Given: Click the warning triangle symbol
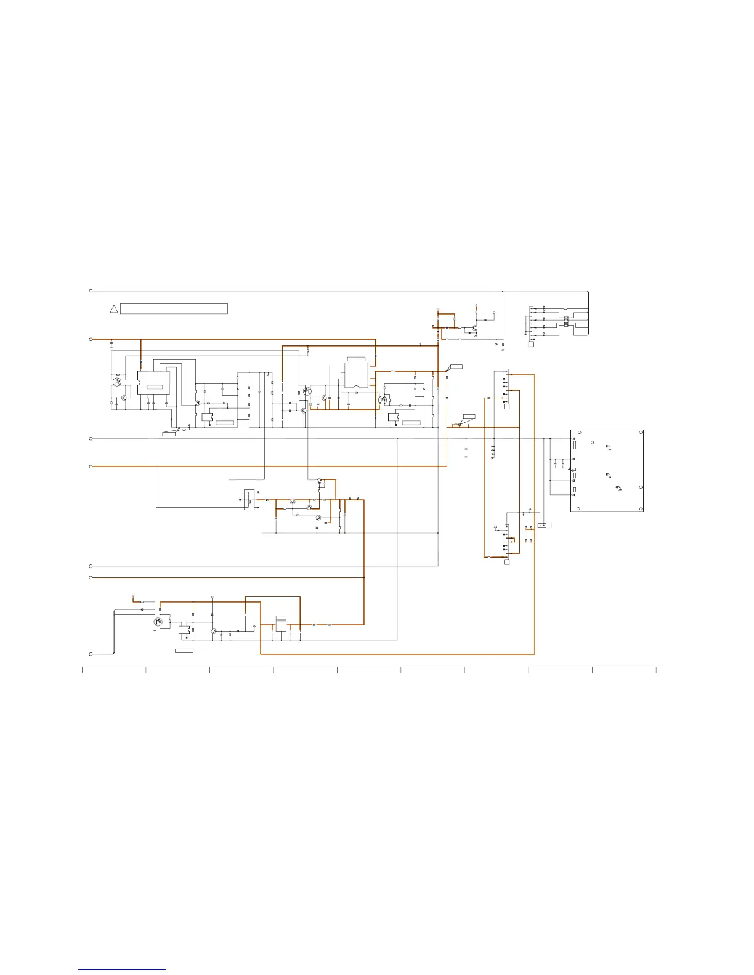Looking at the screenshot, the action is pos(114,308).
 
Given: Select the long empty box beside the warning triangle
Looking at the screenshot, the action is pos(174,308).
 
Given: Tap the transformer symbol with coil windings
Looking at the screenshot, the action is pos(248,499).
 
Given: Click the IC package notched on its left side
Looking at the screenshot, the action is pos(153,383).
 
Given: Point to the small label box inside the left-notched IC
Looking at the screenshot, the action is pos(155,387).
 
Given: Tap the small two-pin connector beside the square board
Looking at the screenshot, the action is pos(545,525).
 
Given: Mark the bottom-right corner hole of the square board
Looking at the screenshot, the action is pos(641,508).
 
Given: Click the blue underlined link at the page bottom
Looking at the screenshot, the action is pos(122,969).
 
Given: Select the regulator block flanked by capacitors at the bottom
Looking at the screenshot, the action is pos(281,625).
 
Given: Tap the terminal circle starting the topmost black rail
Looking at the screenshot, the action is pos(91,291).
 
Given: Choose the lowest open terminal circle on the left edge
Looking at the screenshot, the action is pos(91,654).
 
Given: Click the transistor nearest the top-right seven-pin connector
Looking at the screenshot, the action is pos(474,327).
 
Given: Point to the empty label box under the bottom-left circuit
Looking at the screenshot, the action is pos(184,651).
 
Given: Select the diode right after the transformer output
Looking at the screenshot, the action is pos(267,500).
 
